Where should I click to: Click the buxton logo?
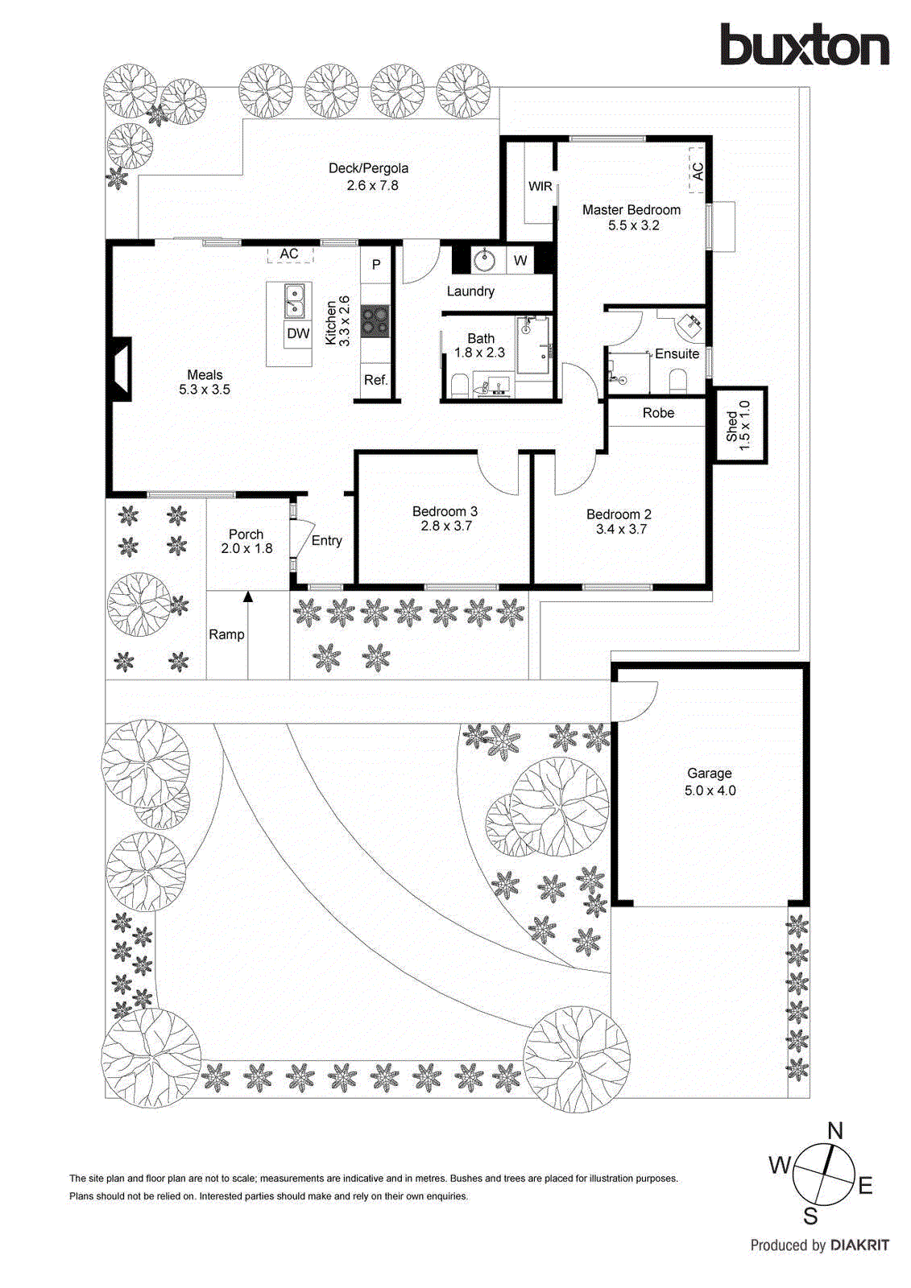804,45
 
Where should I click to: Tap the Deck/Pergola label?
368,168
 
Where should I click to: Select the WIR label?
540,186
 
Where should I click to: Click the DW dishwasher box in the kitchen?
298,333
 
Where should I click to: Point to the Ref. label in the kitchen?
375,380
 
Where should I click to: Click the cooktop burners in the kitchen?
375,320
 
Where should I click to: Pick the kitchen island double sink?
294,301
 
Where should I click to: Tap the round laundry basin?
485,260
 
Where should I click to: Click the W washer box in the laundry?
520,260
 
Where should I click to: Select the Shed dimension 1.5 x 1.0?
745,425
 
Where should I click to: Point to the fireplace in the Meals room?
119,369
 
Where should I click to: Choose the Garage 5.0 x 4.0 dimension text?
710,791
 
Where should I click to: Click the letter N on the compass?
834,1131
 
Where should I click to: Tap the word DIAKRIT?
859,1245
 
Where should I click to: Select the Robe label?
658,413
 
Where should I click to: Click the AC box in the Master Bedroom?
697,171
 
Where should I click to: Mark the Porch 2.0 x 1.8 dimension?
246,549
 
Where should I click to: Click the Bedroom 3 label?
445,511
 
